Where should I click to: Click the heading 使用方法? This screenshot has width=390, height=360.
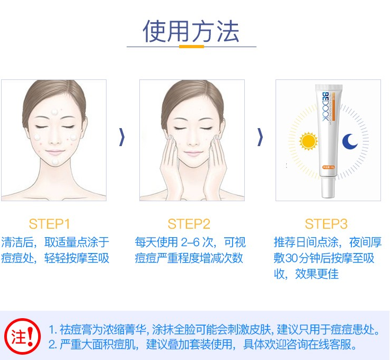click(191, 31)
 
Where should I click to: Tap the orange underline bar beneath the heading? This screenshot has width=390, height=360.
click(191, 47)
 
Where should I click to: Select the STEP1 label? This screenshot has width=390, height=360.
click(49, 224)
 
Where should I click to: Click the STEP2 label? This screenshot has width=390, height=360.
click(189, 224)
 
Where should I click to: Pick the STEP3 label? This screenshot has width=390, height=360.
click(326, 224)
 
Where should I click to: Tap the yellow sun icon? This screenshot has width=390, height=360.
click(308, 141)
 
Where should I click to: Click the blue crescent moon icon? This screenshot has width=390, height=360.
click(350, 141)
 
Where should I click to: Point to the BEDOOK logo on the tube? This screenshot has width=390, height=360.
click(325, 106)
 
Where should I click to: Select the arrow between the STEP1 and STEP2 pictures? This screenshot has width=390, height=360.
click(122, 137)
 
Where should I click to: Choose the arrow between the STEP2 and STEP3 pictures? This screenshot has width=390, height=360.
click(260, 137)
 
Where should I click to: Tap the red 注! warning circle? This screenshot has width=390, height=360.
click(23, 336)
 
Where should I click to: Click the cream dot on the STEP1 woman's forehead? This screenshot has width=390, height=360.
click(55, 112)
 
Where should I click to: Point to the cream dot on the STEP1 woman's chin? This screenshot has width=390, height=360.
click(55, 162)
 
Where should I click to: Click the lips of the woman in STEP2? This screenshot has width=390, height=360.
click(192, 153)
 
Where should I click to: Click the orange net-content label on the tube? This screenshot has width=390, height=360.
click(329, 167)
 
